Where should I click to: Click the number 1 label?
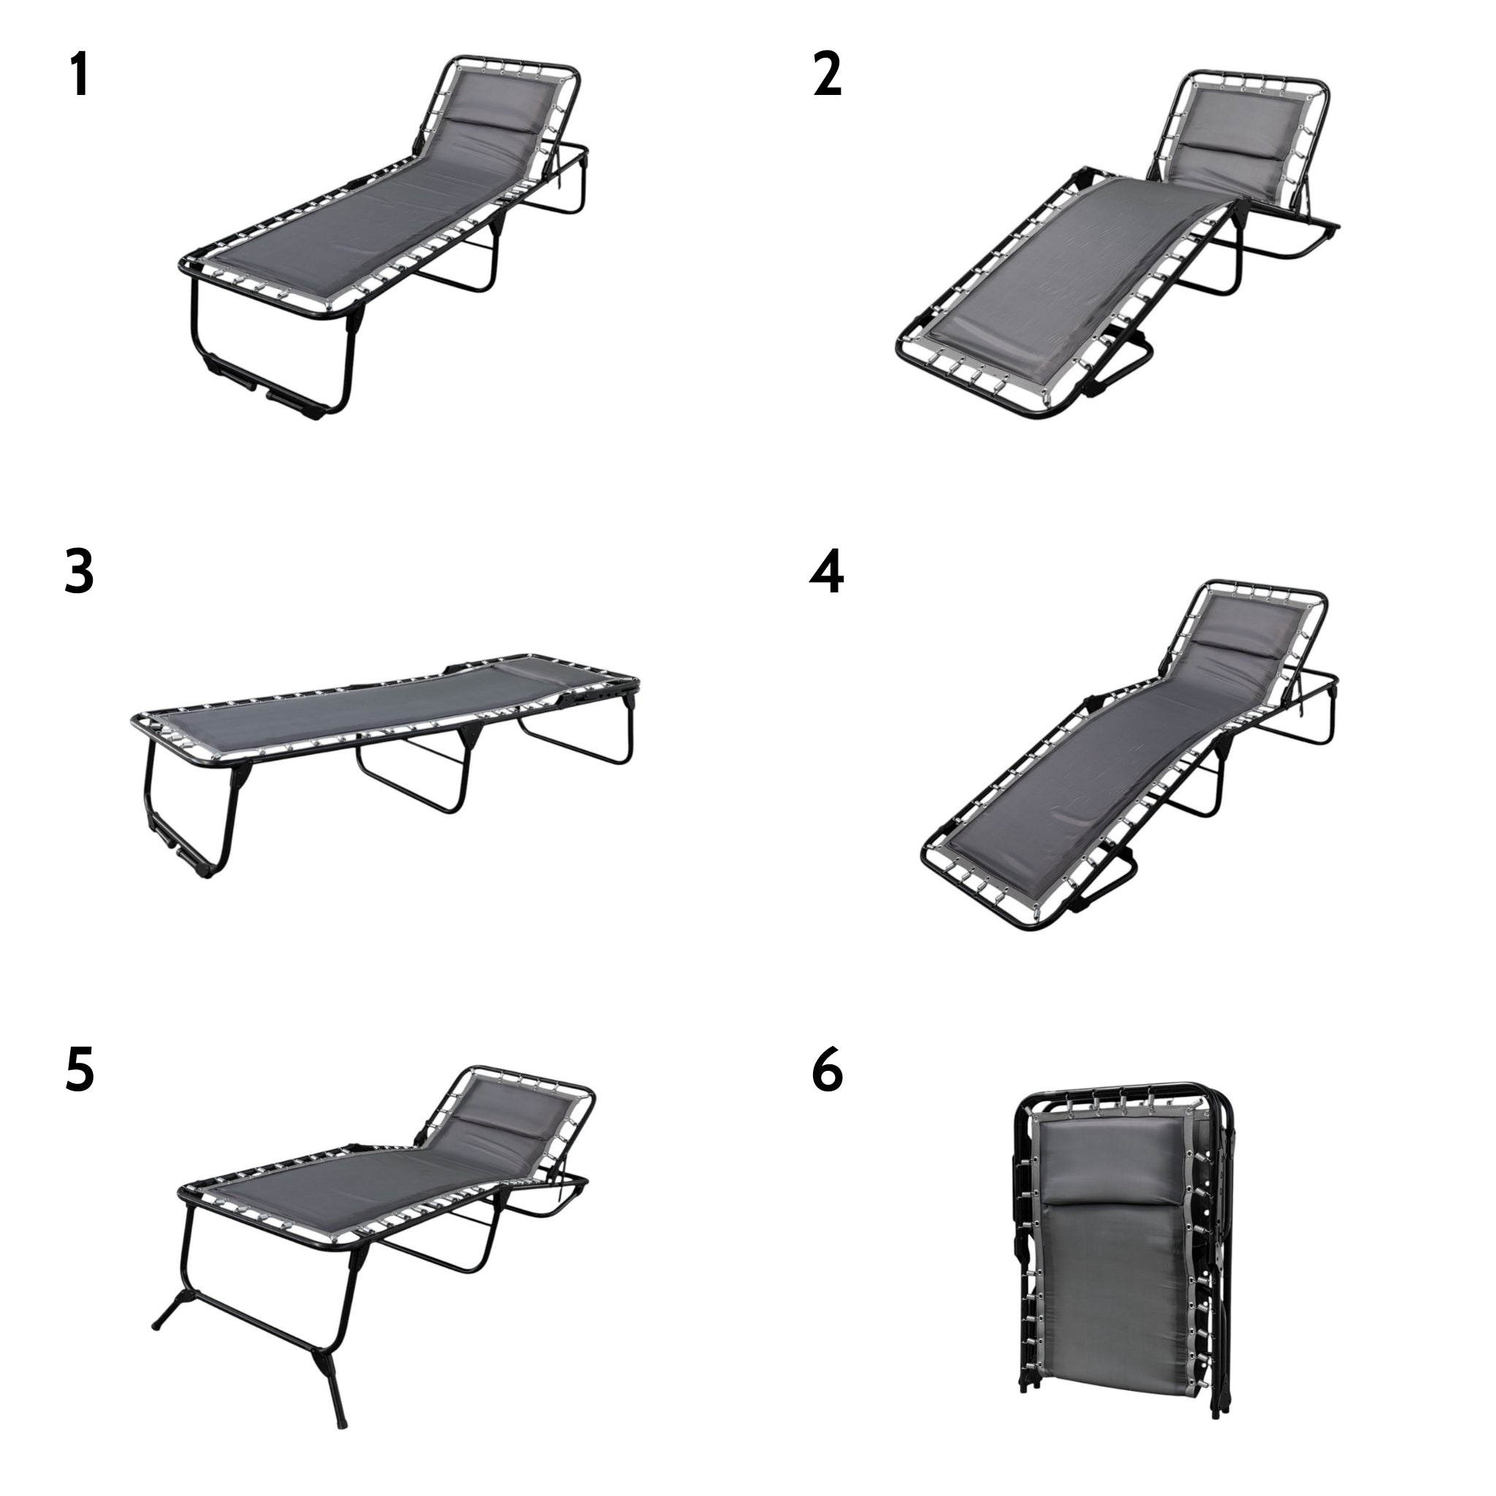click(x=79, y=75)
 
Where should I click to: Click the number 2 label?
click(x=827, y=75)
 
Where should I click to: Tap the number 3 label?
click(x=79, y=572)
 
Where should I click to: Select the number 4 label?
click(x=826, y=572)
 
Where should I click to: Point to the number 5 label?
click(x=79, y=1069)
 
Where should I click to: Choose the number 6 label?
click(x=827, y=1069)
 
